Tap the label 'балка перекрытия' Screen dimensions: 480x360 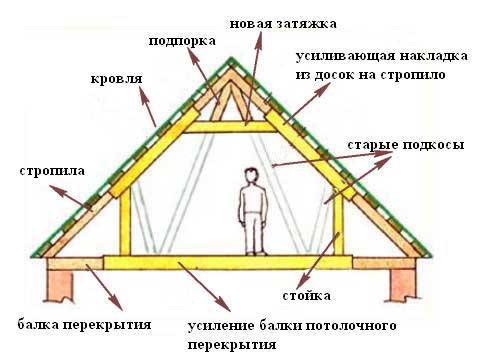coord(84,325)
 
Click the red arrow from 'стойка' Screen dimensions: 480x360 coord(320,261)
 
